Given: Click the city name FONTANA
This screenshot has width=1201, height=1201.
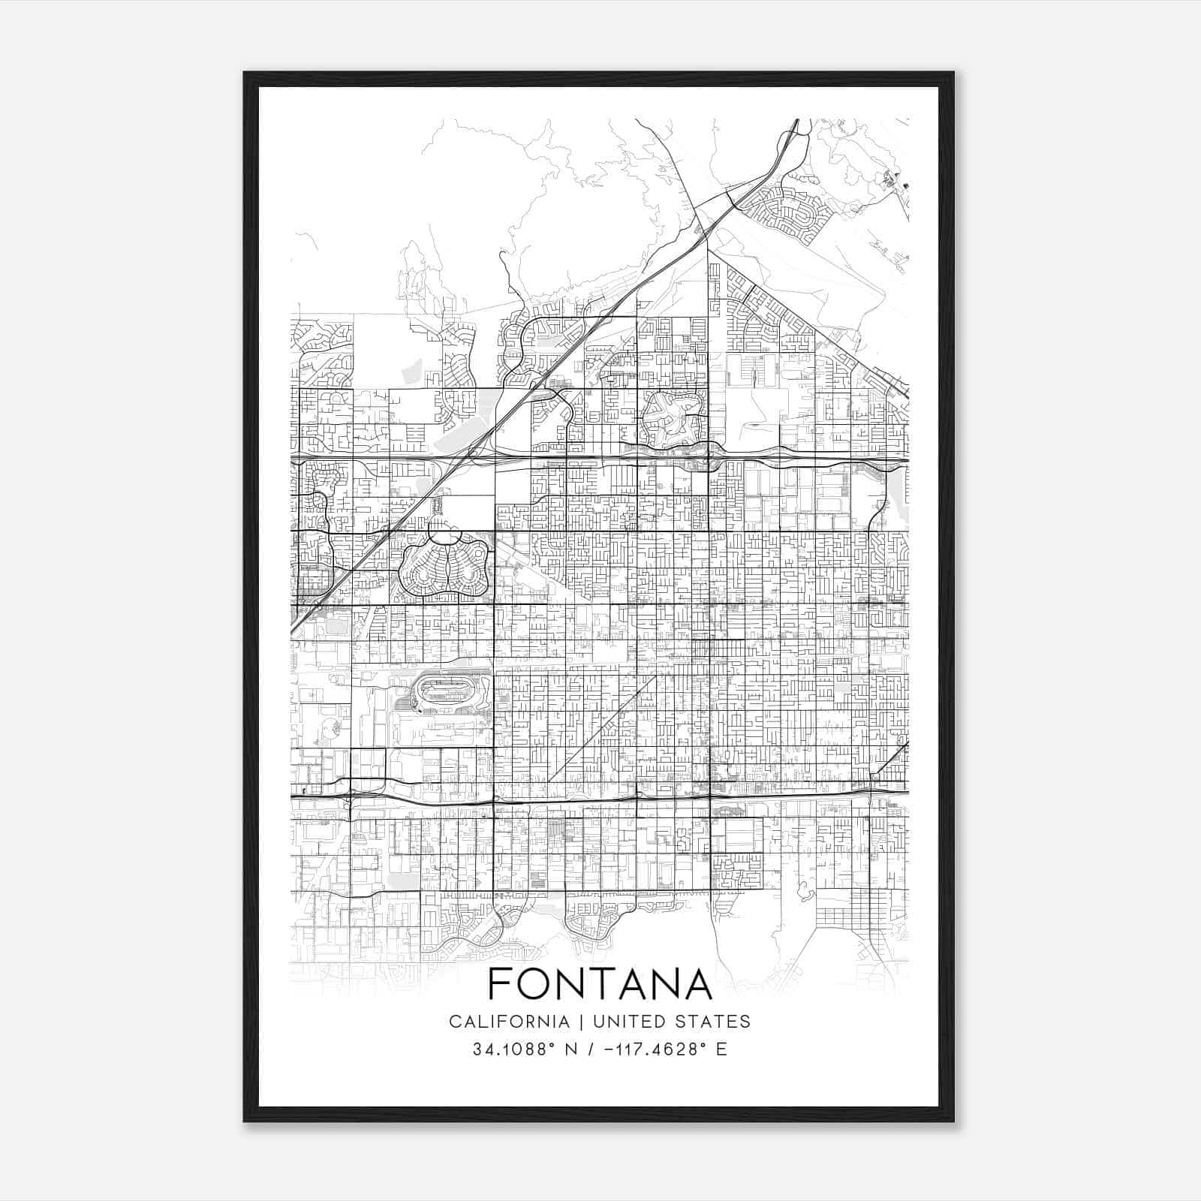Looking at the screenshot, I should tap(600, 983).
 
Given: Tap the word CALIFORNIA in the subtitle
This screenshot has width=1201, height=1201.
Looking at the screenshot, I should tap(509, 1022).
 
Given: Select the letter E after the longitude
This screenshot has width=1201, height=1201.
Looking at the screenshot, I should tap(721, 1049).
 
